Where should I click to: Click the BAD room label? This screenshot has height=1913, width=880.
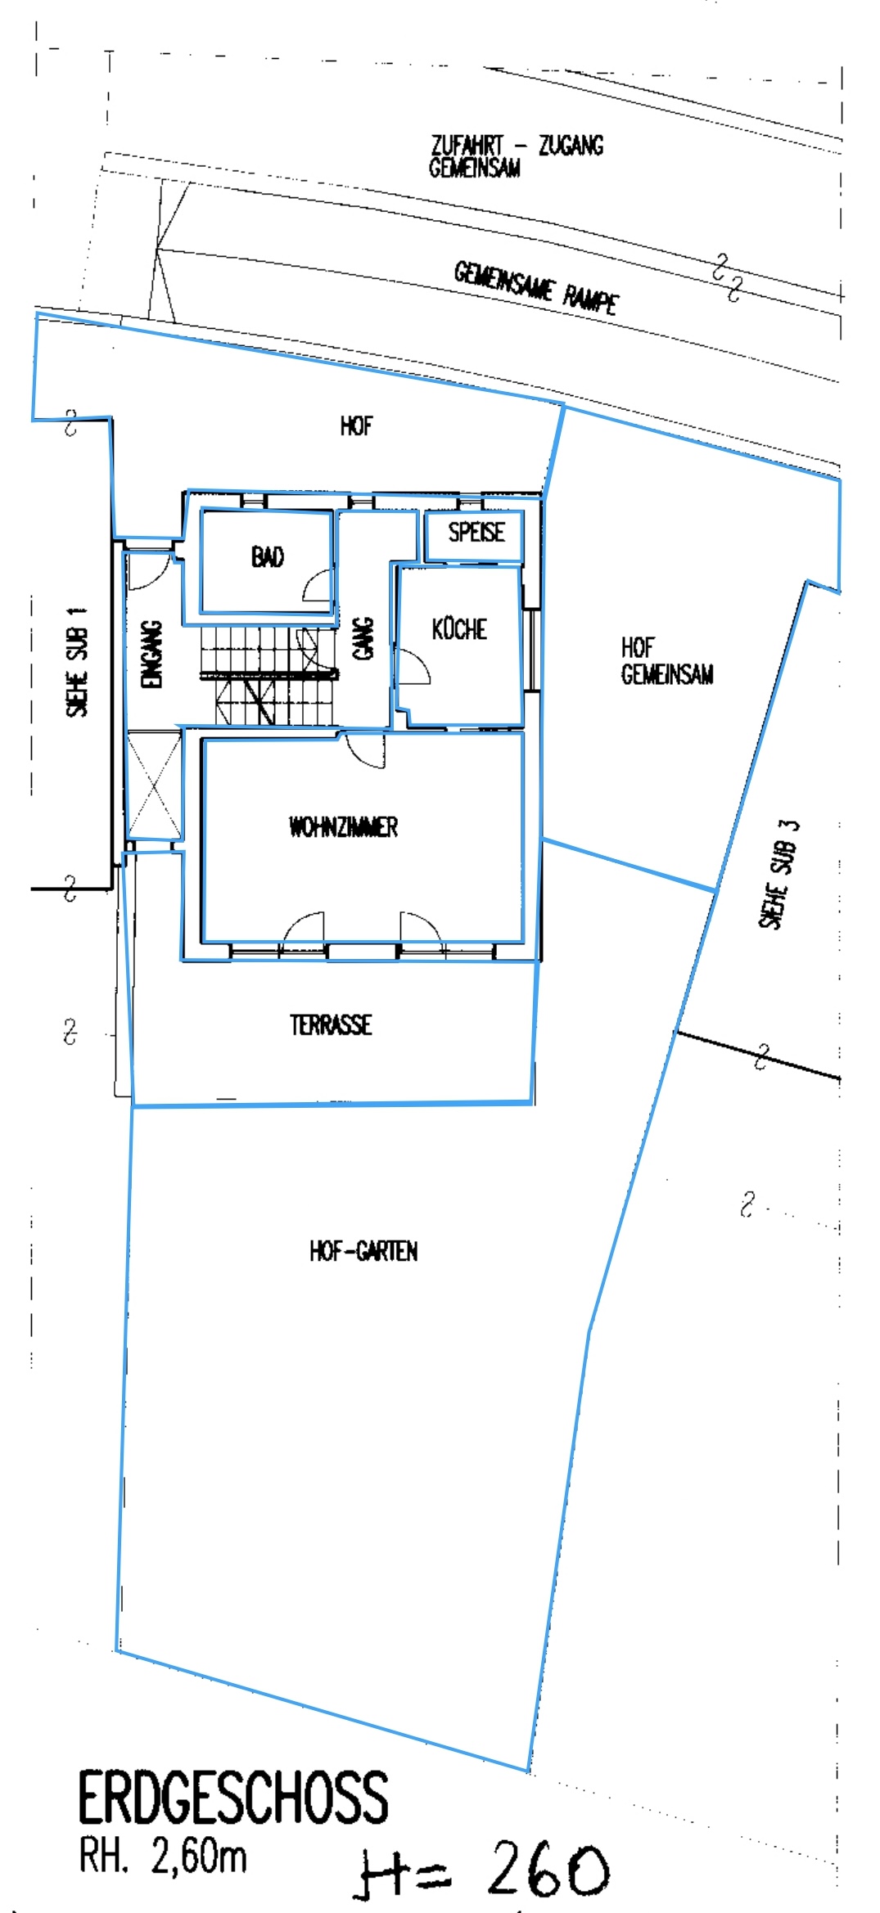[268, 557]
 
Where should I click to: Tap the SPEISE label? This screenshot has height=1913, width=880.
[476, 532]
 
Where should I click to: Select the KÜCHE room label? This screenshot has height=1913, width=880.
[459, 628]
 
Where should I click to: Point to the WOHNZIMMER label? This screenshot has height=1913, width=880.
[344, 826]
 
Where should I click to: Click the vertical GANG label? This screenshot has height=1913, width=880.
[363, 638]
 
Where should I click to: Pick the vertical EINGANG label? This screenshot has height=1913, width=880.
[152, 654]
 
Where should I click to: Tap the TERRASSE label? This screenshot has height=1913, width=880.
[331, 1024]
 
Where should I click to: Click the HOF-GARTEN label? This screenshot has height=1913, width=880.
[363, 1251]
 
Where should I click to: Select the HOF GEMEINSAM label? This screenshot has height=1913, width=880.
[667, 661]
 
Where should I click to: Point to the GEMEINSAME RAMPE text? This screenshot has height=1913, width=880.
[536, 288]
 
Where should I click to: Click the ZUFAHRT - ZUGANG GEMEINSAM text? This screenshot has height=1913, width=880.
[517, 156]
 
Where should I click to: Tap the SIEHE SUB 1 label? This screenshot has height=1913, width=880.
[77, 662]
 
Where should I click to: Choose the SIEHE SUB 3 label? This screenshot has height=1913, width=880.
[778, 874]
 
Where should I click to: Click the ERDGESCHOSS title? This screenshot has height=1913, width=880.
[233, 1798]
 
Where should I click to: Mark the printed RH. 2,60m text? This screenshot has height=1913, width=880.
[163, 1857]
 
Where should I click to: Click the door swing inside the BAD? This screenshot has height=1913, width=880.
[317, 587]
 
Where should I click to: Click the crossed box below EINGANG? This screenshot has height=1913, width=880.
[155, 783]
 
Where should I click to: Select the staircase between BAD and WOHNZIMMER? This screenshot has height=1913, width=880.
[269, 675]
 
